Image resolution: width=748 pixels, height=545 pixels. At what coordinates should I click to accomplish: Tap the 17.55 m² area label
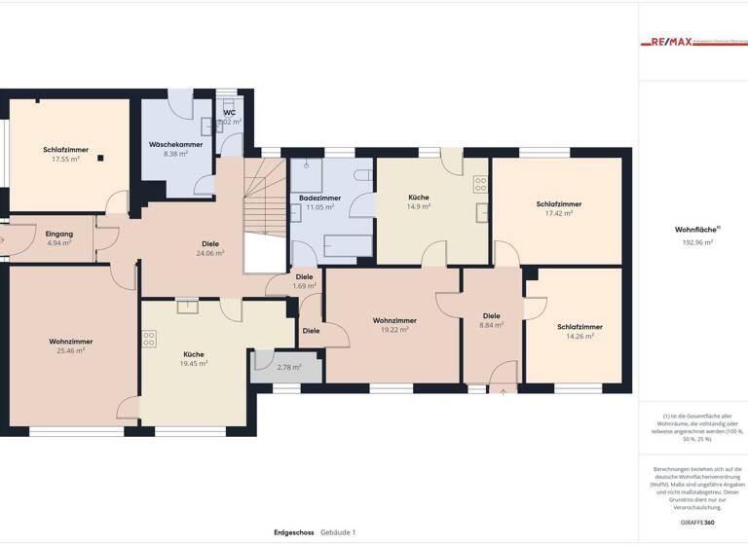click(x=66, y=159)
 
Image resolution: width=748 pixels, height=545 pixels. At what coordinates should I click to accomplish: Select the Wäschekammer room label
click(x=175, y=145)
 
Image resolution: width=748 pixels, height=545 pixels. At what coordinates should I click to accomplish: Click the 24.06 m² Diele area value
click(x=210, y=253)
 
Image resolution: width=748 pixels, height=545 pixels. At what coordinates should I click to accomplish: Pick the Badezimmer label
click(x=319, y=198)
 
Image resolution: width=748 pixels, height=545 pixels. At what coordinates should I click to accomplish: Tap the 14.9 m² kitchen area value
click(x=418, y=206)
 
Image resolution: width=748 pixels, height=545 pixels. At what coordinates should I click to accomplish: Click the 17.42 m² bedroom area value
click(x=559, y=213)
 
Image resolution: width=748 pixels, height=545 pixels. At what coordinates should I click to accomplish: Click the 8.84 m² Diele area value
click(x=492, y=325)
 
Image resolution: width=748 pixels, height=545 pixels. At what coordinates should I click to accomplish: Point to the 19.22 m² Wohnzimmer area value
click(x=394, y=329)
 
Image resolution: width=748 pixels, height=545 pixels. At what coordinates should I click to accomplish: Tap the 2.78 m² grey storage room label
click(x=289, y=367)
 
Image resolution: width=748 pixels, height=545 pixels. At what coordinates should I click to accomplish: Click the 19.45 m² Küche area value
click(x=194, y=363)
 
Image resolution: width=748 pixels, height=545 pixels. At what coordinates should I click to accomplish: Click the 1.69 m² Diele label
click(x=305, y=286)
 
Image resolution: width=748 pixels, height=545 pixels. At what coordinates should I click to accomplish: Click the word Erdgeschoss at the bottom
click(x=294, y=532)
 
